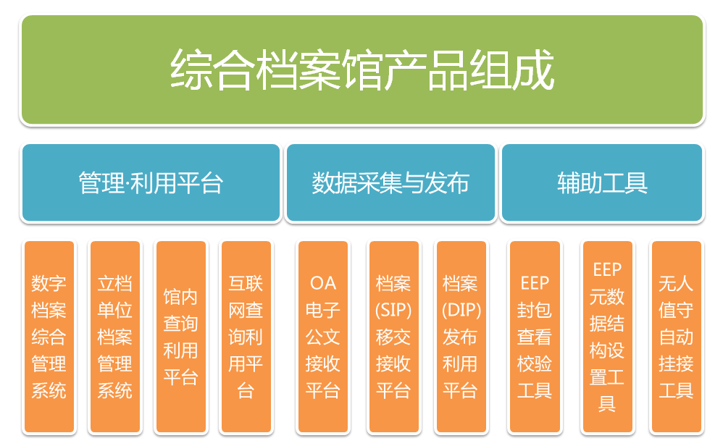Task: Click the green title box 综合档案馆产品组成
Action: pyautogui.click(x=362, y=70)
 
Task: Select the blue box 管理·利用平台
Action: pyautogui.click(x=151, y=182)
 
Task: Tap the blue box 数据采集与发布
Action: pyautogui.click(x=390, y=182)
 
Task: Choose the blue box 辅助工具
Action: pyautogui.click(x=602, y=182)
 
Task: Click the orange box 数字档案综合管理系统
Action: pyautogui.click(x=49, y=337)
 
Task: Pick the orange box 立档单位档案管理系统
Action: pyautogui.click(x=114, y=337)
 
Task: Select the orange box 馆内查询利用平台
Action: pyautogui.click(x=181, y=337)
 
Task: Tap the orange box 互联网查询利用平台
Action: pyautogui.click(x=246, y=337)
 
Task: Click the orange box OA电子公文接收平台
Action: pyautogui.click(x=323, y=337)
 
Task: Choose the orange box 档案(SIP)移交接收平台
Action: pyautogui.click(x=394, y=337)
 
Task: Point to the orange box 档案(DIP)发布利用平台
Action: pyautogui.click(x=461, y=337)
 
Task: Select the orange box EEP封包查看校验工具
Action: pyautogui.click(x=535, y=337)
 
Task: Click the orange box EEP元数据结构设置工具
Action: pyautogui.click(x=607, y=337)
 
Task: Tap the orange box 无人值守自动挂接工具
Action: pyautogui.click(x=677, y=337)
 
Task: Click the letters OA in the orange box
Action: pyautogui.click(x=323, y=283)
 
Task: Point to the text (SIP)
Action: pyautogui.click(x=393, y=310)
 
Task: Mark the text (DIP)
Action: pyautogui.click(x=461, y=310)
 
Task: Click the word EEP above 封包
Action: pyautogui.click(x=535, y=283)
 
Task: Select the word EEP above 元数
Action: pyautogui.click(x=607, y=269)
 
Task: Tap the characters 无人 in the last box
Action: pyautogui.click(x=676, y=283)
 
